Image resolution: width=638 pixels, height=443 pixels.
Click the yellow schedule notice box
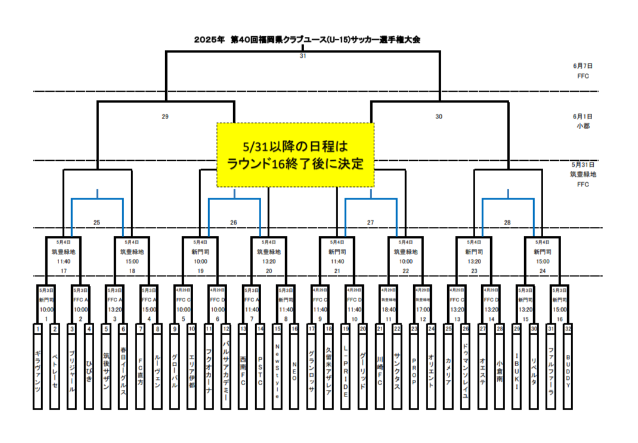295,155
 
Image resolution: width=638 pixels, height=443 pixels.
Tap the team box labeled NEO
294,369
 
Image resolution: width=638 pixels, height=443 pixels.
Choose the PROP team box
414,369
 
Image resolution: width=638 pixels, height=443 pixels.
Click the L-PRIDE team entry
345,369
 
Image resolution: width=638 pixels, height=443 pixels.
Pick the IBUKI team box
516,369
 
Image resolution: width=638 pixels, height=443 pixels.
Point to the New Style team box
277,369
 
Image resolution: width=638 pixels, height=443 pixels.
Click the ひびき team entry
89,369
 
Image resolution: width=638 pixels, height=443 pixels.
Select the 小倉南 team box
500,369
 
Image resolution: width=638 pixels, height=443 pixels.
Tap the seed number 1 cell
38,328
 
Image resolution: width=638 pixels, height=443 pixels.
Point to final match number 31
302,56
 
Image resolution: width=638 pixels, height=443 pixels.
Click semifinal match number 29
165,117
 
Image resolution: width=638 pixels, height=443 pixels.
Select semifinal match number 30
439,117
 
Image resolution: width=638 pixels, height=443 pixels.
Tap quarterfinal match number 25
97,223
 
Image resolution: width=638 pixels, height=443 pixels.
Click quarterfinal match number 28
507,223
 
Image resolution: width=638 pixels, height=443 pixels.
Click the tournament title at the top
308,40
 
